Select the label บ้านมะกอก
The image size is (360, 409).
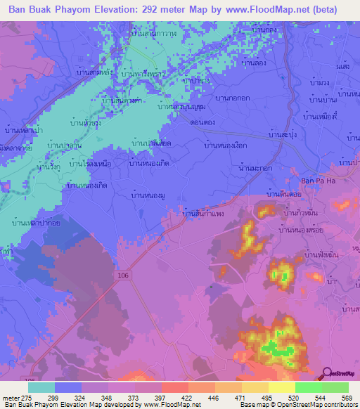pos(256,169)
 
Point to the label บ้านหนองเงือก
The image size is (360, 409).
pos(226,145)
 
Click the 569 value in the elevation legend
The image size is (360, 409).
pos(347,398)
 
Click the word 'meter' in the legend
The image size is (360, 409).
pos(11,398)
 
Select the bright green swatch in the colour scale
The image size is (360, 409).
pos(308,387)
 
